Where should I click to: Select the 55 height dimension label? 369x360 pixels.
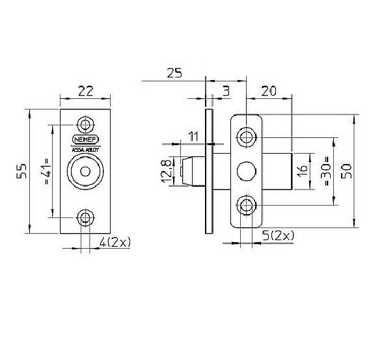coord(21,171)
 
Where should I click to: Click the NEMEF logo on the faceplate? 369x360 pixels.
coord(85,139)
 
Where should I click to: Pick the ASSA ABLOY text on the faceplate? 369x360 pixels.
coord(85,149)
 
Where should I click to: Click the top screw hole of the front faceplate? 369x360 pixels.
coord(85,124)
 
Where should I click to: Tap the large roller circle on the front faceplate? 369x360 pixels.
coord(85,172)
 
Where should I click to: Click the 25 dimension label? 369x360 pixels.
coord(174,73)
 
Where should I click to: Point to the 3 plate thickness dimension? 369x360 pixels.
coord(225,92)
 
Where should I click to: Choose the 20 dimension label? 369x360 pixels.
coord(271,92)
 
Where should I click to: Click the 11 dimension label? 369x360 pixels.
coord(193,136)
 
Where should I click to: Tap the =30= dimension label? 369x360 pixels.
coord(326,172)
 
